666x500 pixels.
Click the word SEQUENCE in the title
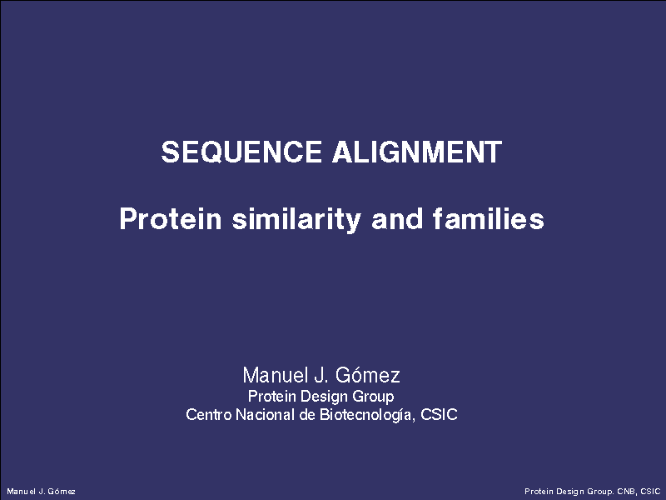241,152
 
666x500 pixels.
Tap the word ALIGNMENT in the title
417,152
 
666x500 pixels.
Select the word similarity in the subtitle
296,219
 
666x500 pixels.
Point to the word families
489,218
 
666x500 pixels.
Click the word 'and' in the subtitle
397,218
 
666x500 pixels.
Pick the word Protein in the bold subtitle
171,218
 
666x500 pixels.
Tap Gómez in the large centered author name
367,375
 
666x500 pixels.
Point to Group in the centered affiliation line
373,397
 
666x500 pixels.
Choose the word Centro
209,414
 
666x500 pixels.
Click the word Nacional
265,414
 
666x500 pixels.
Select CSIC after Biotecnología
439,414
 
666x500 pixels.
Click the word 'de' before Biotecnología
306,414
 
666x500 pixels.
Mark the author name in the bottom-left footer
41,492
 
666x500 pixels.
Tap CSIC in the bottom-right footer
650,492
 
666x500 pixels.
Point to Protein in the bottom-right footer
538,492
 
